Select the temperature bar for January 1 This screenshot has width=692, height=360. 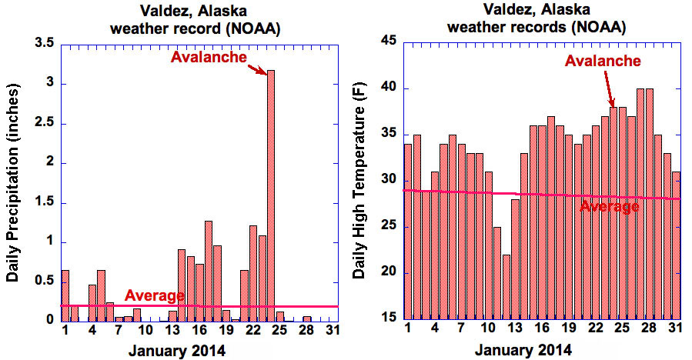408,231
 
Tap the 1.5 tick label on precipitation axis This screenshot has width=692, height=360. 43,202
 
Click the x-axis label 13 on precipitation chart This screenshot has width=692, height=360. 173,332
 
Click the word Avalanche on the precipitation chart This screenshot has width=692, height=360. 209,57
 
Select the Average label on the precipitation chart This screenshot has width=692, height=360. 154,295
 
